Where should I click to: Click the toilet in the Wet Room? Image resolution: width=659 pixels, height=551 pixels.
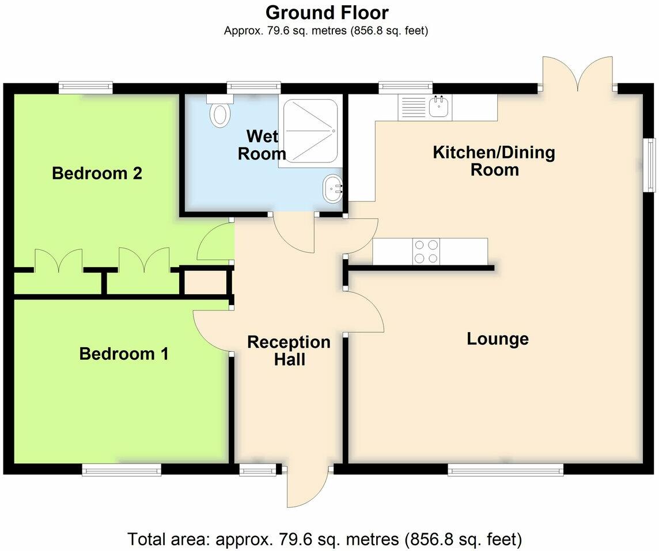coord(220,112)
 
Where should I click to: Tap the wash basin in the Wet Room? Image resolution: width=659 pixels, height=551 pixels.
coord(333,189)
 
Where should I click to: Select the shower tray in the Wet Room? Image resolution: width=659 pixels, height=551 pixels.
coord(308,132)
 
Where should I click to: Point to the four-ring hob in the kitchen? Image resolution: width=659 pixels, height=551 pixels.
coord(426,251)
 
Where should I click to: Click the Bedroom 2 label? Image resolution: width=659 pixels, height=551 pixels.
coord(97,173)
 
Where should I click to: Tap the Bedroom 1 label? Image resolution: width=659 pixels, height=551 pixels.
coord(124,354)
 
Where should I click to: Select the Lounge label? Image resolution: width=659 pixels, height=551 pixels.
coord(497,339)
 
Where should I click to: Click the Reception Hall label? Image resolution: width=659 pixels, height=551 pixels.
coord(289,351)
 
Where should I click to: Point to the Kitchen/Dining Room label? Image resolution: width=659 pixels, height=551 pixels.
coord(494,161)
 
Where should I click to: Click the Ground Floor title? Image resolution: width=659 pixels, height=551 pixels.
coord(327,12)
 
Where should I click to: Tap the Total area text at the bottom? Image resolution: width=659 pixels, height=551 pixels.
coord(325,539)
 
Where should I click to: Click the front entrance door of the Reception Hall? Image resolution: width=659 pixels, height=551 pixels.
coord(308,487)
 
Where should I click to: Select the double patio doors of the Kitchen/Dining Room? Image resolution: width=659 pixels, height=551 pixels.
coord(577,74)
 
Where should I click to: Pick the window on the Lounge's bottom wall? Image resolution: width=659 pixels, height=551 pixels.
coord(506,470)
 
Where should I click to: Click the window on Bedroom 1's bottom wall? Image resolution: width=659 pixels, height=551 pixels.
coord(122,470)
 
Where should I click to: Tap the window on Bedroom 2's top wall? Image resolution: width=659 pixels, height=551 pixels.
coord(86,88)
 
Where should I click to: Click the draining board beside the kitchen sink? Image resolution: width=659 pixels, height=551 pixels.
coord(412,107)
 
